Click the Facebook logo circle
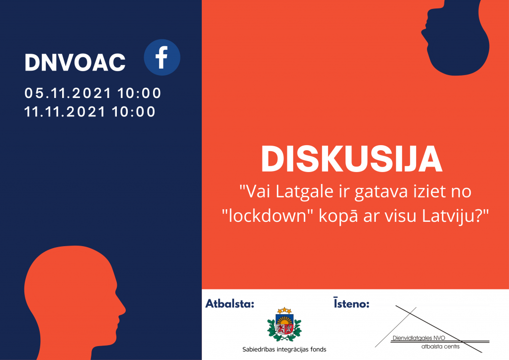click(x=162, y=58)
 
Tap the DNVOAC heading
click(x=75, y=62)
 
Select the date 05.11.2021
click(x=68, y=93)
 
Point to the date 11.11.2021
click(x=65, y=112)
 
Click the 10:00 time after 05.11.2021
click(x=139, y=93)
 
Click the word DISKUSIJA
click(x=351, y=159)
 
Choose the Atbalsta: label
click(x=230, y=304)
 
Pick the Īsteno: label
click(x=351, y=303)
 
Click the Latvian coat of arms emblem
click(x=284, y=324)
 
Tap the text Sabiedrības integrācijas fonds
click(x=284, y=349)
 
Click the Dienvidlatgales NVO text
click(x=419, y=338)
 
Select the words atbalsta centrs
click(x=440, y=347)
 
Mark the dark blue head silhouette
click(x=455, y=38)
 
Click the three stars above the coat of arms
click(x=284, y=310)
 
